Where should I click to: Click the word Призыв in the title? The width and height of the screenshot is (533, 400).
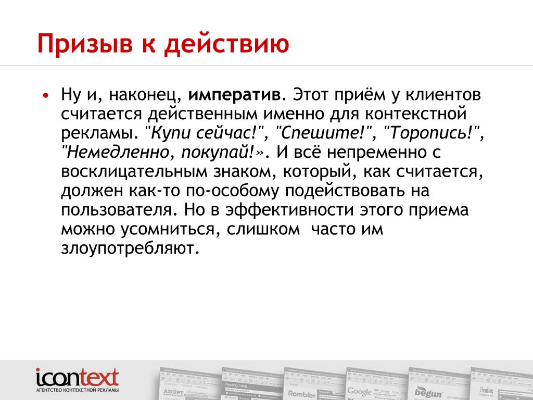click(85, 44)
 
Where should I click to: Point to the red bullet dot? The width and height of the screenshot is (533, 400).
click(46, 95)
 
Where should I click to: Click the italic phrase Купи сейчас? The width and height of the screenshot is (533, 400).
click(202, 133)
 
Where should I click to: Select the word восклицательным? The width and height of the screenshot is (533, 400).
click(134, 172)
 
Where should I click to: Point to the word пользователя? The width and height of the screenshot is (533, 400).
click(117, 210)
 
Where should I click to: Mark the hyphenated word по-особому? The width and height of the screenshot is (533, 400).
click(232, 191)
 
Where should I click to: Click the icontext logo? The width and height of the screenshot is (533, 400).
click(78, 378)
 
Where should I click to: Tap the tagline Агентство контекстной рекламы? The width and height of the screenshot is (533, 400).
click(78, 390)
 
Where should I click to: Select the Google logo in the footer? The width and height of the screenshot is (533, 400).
click(359, 392)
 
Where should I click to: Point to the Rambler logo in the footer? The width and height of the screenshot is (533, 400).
click(302, 394)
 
